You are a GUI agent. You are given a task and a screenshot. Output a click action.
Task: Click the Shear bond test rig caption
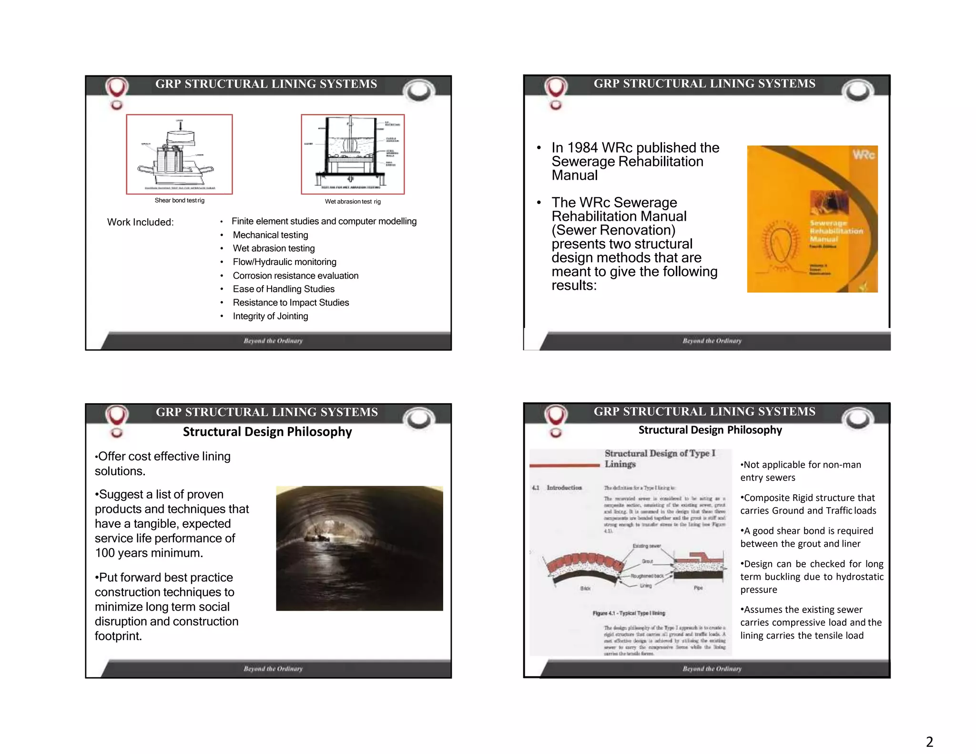179,201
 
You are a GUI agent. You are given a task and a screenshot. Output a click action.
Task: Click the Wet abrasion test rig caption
353,202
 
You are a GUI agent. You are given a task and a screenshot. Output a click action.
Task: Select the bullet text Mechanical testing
270,235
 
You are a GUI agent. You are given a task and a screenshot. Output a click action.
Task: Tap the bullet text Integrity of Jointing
270,316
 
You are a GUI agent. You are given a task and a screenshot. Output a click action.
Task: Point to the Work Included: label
140,222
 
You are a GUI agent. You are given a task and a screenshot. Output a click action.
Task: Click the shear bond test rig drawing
179,154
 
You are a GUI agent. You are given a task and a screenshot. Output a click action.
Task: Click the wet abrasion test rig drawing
353,154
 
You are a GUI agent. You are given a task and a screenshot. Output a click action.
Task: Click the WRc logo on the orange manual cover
863,154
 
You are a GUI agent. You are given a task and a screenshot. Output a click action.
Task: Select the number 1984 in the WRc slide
583,148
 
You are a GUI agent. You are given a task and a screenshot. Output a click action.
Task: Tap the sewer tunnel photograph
359,548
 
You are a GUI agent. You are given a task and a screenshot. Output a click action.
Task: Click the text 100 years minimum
149,553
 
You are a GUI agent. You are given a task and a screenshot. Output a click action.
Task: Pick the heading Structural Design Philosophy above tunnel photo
267,432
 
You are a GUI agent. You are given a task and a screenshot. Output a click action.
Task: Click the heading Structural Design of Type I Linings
660,459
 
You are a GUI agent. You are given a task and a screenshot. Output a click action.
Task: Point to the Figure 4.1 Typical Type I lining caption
629,613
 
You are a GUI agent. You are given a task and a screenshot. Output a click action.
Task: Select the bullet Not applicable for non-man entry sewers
801,471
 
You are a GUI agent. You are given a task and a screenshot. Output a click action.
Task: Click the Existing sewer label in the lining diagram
646,546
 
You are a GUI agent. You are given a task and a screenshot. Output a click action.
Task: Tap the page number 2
929,742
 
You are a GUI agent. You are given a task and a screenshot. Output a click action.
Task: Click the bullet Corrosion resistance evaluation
295,276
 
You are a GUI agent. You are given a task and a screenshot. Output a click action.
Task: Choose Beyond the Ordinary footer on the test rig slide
273,341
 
